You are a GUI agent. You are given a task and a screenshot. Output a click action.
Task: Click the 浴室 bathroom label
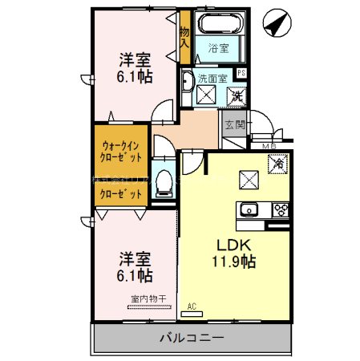[x=218, y=47]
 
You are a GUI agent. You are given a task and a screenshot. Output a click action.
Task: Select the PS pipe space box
[x=241, y=74]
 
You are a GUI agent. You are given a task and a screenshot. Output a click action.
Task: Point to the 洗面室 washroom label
[x=212, y=77]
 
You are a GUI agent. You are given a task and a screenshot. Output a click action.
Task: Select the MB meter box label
[x=269, y=145]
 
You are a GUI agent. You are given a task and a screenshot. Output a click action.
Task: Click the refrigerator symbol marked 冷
[x=277, y=163]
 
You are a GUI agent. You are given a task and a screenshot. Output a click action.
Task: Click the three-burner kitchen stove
[x=281, y=211]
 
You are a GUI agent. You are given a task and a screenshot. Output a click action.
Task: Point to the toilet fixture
[x=164, y=182]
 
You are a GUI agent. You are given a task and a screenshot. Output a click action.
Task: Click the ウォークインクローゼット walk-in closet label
[x=122, y=152]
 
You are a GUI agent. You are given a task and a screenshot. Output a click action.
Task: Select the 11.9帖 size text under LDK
[x=233, y=261]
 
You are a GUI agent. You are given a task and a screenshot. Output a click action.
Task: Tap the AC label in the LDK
[x=192, y=306]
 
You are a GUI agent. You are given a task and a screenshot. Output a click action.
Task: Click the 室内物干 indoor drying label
[x=148, y=300]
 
